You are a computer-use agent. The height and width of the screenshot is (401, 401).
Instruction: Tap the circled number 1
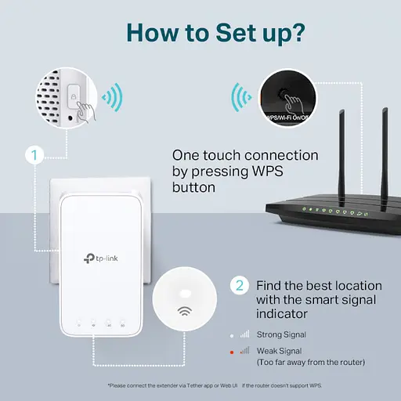tap(32, 155)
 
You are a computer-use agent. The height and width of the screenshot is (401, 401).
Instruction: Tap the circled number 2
tap(240, 285)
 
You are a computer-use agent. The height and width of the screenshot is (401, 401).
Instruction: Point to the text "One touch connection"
tap(244, 155)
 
